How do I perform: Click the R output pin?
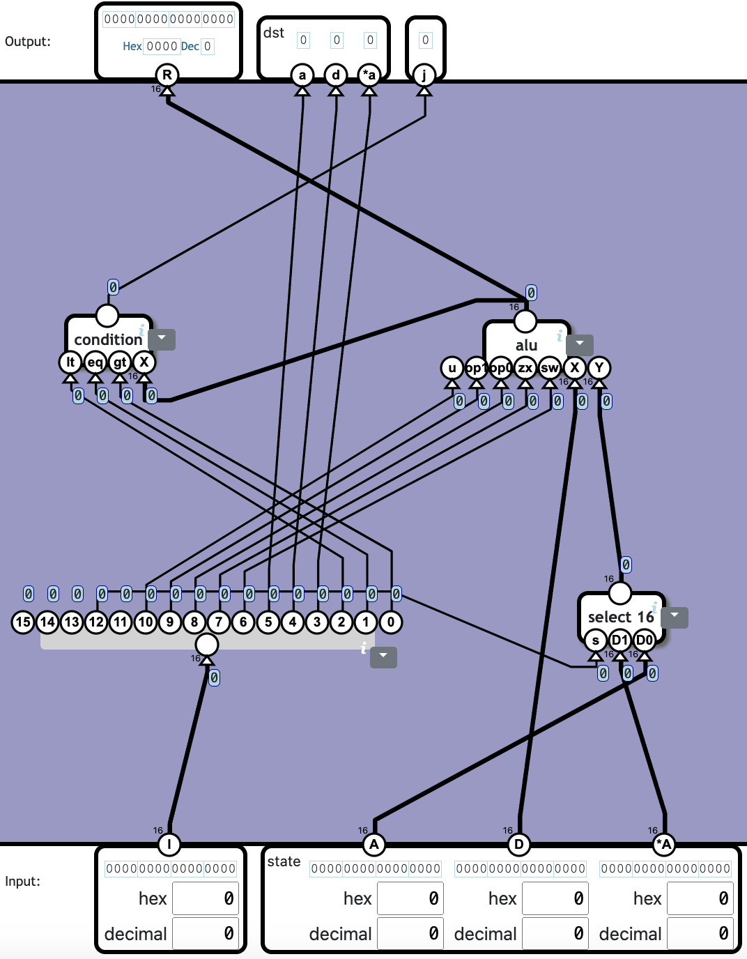(x=167, y=75)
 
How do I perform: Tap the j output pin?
(x=424, y=75)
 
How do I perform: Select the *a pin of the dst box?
(x=369, y=75)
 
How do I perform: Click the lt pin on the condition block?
(x=70, y=362)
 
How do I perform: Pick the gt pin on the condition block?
(x=120, y=362)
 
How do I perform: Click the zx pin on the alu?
(x=525, y=367)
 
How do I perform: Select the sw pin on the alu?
(x=550, y=367)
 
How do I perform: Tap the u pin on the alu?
(x=452, y=367)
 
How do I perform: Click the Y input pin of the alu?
(x=599, y=367)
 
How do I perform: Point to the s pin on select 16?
(x=595, y=640)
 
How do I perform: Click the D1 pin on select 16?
(x=619, y=640)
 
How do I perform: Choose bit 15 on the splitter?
(x=23, y=622)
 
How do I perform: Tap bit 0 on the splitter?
(x=391, y=622)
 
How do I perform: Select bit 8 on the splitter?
(x=194, y=622)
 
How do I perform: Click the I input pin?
(x=169, y=845)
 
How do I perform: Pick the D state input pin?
(x=519, y=845)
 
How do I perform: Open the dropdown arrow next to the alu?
(x=580, y=344)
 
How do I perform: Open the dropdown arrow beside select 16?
(x=675, y=617)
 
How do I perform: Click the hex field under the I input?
(x=206, y=898)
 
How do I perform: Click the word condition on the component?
(x=108, y=339)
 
